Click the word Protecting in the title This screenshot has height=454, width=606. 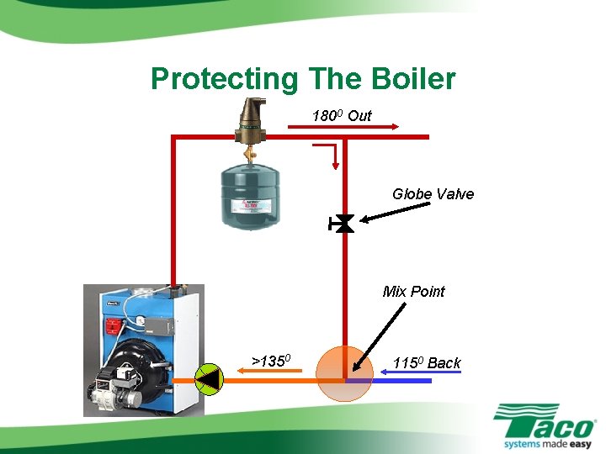(223, 80)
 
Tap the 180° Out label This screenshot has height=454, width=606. (342, 115)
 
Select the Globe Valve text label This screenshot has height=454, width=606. (433, 194)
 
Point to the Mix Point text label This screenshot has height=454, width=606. (413, 292)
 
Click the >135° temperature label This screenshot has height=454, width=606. (271, 362)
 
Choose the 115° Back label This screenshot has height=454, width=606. (427, 363)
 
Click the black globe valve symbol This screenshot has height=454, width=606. (343, 224)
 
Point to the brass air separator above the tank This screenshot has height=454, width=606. (250, 122)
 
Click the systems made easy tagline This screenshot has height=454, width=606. (547, 443)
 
